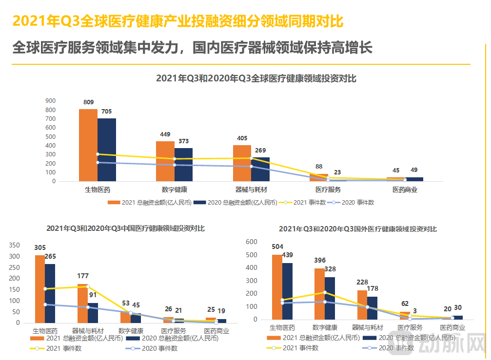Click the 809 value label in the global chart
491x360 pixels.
coord(88,102)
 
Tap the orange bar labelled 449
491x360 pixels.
coord(165,161)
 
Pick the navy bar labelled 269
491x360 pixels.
coord(260,169)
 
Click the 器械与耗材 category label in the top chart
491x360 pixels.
coord(251,189)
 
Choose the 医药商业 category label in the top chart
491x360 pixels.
coord(405,189)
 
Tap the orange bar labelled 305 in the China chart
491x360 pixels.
coord(39,289)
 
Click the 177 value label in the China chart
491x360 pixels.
coord(83,276)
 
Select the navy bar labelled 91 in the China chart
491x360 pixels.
coord(93,312)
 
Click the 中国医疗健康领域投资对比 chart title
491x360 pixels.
coord(125,228)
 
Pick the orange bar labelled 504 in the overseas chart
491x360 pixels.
coord(277,287)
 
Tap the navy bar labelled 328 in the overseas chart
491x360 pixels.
coord(330,298)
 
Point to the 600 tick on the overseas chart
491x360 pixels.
coord(252,242)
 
